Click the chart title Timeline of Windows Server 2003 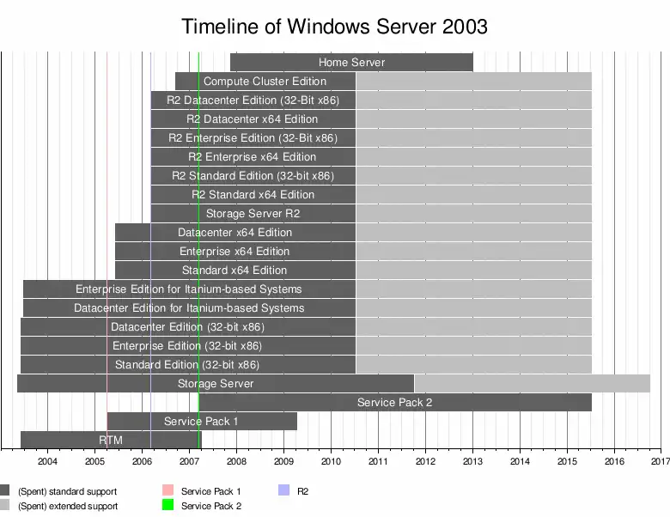pyautogui.click(x=334, y=27)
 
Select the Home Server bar pyautogui.click(x=351, y=63)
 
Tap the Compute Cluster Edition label pyautogui.click(x=265, y=82)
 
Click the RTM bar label pyautogui.click(x=111, y=441)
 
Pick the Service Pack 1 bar pyautogui.click(x=201, y=422)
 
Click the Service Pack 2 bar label pyautogui.click(x=394, y=403)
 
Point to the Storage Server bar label pyautogui.click(x=216, y=384)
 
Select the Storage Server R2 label pyautogui.click(x=253, y=214)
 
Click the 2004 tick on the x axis pyautogui.click(x=47, y=461)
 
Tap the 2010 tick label pyautogui.click(x=331, y=461)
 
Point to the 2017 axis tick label pyautogui.click(x=660, y=461)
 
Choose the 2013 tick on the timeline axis pyautogui.click(x=472, y=461)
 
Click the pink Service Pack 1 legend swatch pyautogui.click(x=167, y=491)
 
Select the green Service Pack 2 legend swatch pyautogui.click(x=167, y=506)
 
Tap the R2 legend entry pyautogui.click(x=302, y=491)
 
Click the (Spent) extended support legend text pyautogui.click(x=67, y=506)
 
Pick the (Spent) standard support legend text pyautogui.click(x=67, y=491)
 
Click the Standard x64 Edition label pyautogui.click(x=234, y=271)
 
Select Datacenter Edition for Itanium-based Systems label pyautogui.click(x=189, y=308)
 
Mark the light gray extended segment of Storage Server pyautogui.click(x=532, y=384)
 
